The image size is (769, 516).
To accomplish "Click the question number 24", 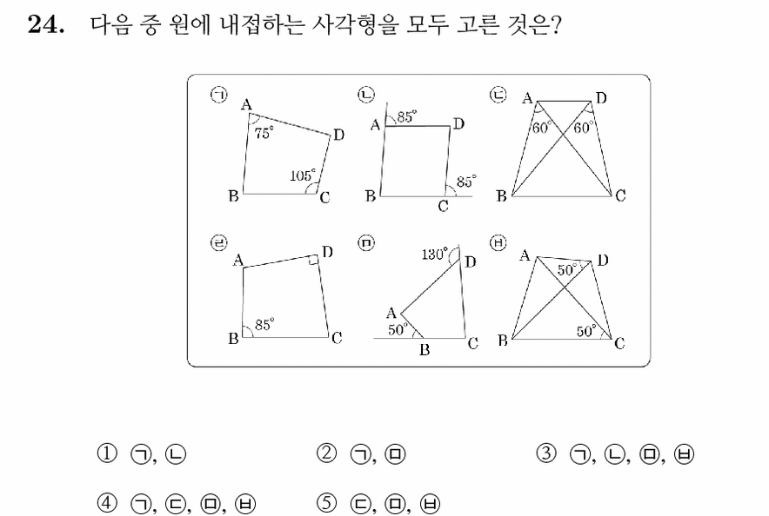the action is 45,24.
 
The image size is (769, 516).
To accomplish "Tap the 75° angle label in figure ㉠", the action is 264,132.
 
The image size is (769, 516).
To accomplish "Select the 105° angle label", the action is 303,175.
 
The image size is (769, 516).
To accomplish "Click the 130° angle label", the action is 435,254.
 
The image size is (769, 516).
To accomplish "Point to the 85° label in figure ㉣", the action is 264,324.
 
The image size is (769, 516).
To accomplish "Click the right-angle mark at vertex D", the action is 313,260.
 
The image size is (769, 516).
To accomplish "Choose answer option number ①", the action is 107,453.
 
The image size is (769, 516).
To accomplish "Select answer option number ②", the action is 326,453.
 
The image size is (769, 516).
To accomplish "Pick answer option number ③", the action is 546,453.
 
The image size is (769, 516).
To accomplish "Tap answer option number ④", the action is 107,503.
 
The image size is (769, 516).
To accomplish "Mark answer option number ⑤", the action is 326,503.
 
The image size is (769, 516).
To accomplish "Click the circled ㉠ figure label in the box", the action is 218,95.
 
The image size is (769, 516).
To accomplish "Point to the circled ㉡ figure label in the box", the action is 366,95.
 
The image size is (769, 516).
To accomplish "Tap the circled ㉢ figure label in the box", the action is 498,95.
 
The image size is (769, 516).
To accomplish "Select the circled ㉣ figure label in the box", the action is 218,243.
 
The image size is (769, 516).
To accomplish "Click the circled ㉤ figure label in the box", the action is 366,243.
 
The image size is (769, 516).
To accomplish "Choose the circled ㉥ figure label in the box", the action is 498,243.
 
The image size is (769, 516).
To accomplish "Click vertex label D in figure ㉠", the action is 338,135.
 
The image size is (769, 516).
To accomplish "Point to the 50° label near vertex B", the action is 398,330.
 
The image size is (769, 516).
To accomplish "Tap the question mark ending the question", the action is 555,24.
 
